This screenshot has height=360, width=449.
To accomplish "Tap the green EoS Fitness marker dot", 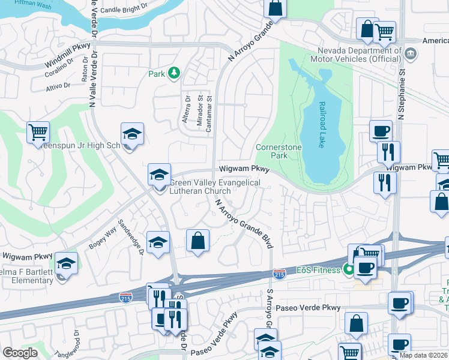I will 348,270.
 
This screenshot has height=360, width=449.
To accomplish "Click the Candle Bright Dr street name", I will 124,8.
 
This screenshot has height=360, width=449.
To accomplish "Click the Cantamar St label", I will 209,116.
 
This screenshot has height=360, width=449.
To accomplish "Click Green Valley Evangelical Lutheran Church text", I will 214,187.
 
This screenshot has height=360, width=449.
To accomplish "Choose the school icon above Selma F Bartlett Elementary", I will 66,263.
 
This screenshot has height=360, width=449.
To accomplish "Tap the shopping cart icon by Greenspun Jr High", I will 38,132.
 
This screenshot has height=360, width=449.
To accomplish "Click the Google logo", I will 20,353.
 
